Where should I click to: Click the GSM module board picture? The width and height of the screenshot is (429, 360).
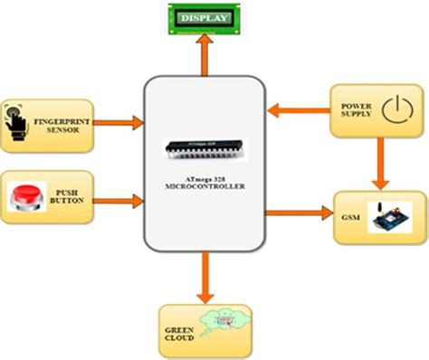coord(391,218)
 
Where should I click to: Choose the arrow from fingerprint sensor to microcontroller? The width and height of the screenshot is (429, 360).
coord(126,120)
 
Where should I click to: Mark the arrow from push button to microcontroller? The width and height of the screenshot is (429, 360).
coord(126,196)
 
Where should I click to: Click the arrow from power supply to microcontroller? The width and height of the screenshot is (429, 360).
coord(299,112)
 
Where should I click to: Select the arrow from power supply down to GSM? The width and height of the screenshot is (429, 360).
coord(376,163)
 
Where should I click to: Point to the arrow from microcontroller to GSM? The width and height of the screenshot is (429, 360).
coord(300,213)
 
